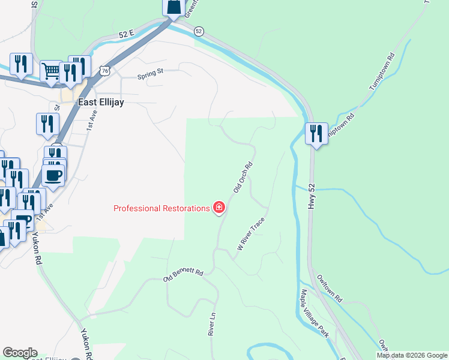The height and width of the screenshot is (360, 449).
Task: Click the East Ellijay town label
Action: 101,103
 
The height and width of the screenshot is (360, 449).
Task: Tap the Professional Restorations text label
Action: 162,208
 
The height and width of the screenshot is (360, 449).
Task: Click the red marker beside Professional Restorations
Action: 220,208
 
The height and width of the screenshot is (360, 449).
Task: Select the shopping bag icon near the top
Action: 173,7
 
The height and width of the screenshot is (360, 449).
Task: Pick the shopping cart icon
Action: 51,71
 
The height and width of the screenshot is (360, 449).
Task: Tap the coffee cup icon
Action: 53,175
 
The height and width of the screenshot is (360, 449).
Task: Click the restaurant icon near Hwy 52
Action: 316,133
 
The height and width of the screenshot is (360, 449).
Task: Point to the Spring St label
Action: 150,76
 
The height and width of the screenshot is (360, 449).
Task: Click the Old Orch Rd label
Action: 242,177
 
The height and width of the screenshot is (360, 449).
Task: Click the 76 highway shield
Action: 106,70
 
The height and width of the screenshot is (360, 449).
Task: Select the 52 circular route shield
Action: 199,31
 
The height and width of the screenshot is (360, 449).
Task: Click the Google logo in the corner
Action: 20,353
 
